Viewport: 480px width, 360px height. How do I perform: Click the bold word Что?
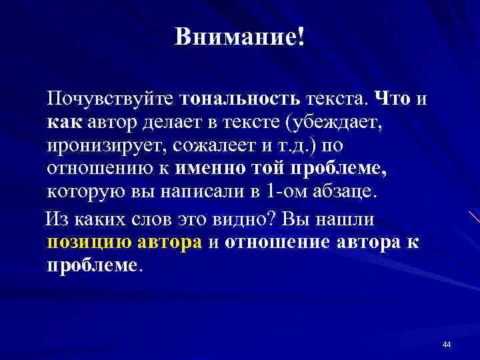click(x=393, y=100)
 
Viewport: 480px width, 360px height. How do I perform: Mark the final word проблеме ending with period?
click(x=94, y=265)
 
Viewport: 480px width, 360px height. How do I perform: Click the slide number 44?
click(x=446, y=344)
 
